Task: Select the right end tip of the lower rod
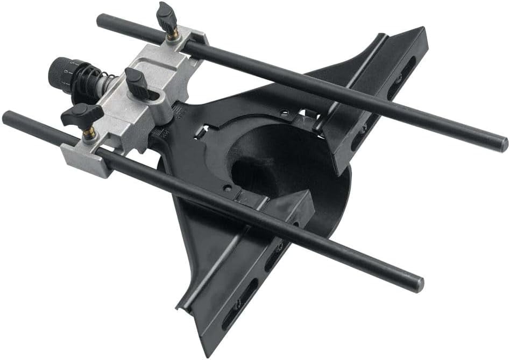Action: [418, 284]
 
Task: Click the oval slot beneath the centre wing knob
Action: [153, 96]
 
